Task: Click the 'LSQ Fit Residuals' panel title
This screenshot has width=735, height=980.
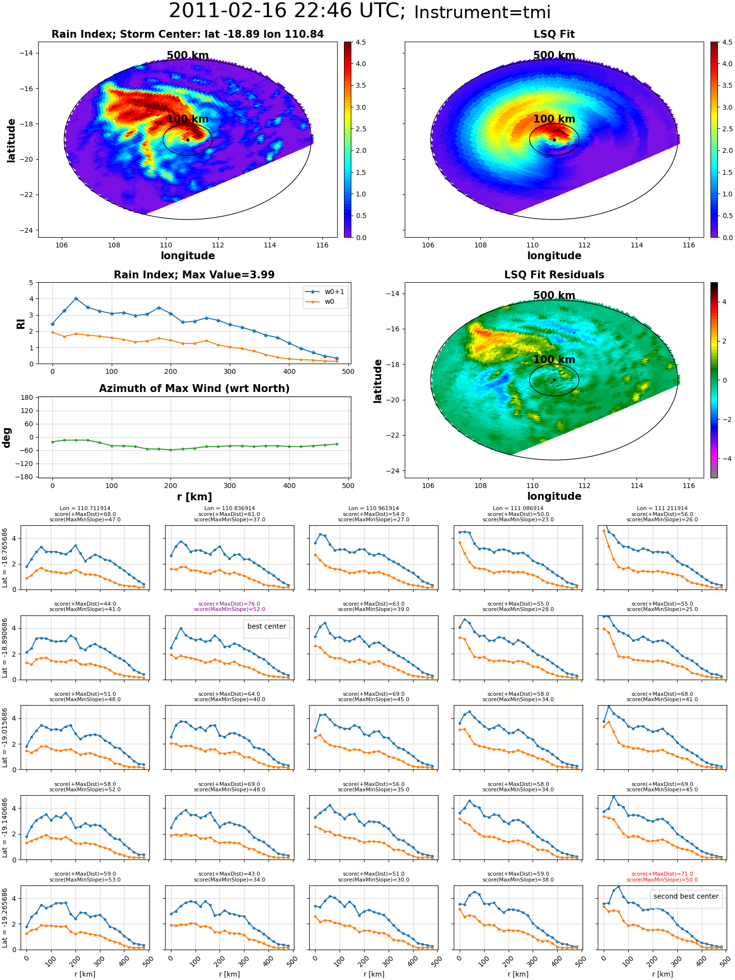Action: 554,275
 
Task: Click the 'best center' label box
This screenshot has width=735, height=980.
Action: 267,627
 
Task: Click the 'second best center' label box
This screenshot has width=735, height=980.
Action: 686,897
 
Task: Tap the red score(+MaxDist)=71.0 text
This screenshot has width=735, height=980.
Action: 662,874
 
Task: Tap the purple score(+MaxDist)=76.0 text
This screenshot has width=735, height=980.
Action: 229,604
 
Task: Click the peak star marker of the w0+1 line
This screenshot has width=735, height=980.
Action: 76,298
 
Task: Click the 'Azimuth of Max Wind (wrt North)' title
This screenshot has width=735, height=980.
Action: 195,389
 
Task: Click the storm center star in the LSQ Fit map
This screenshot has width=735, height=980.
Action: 554,140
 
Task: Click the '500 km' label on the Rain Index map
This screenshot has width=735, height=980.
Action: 188,55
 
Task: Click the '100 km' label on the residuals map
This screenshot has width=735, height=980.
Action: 554,360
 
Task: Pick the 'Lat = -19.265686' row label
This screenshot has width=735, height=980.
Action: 5,918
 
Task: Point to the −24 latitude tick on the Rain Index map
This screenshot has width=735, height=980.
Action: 28,230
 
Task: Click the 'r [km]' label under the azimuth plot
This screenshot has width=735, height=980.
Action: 195,497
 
